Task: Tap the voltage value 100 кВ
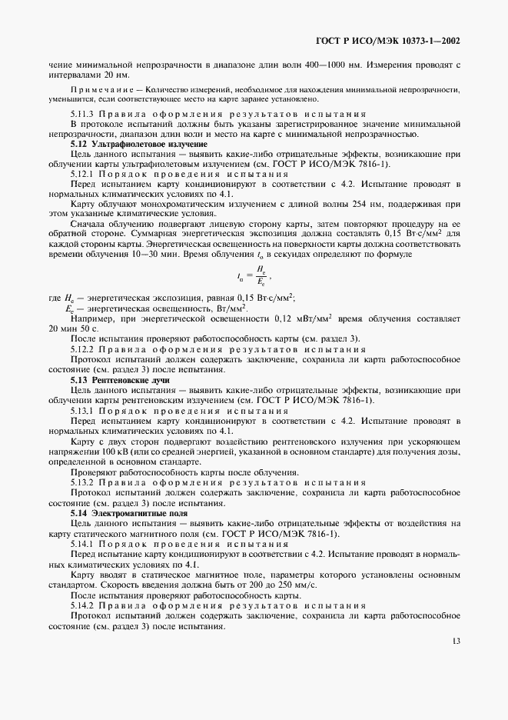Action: click(x=95, y=452)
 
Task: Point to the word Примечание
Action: click(x=95, y=90)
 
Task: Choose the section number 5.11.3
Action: click(x=81, y=113)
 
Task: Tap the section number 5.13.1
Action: click(x=81, y=411)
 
